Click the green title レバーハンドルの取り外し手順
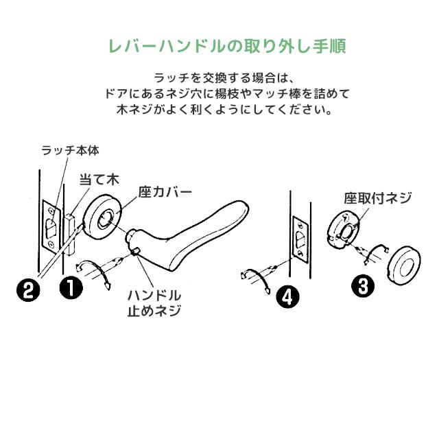227,47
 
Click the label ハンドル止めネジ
154,302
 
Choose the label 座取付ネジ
378,198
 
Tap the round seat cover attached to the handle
105,215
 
